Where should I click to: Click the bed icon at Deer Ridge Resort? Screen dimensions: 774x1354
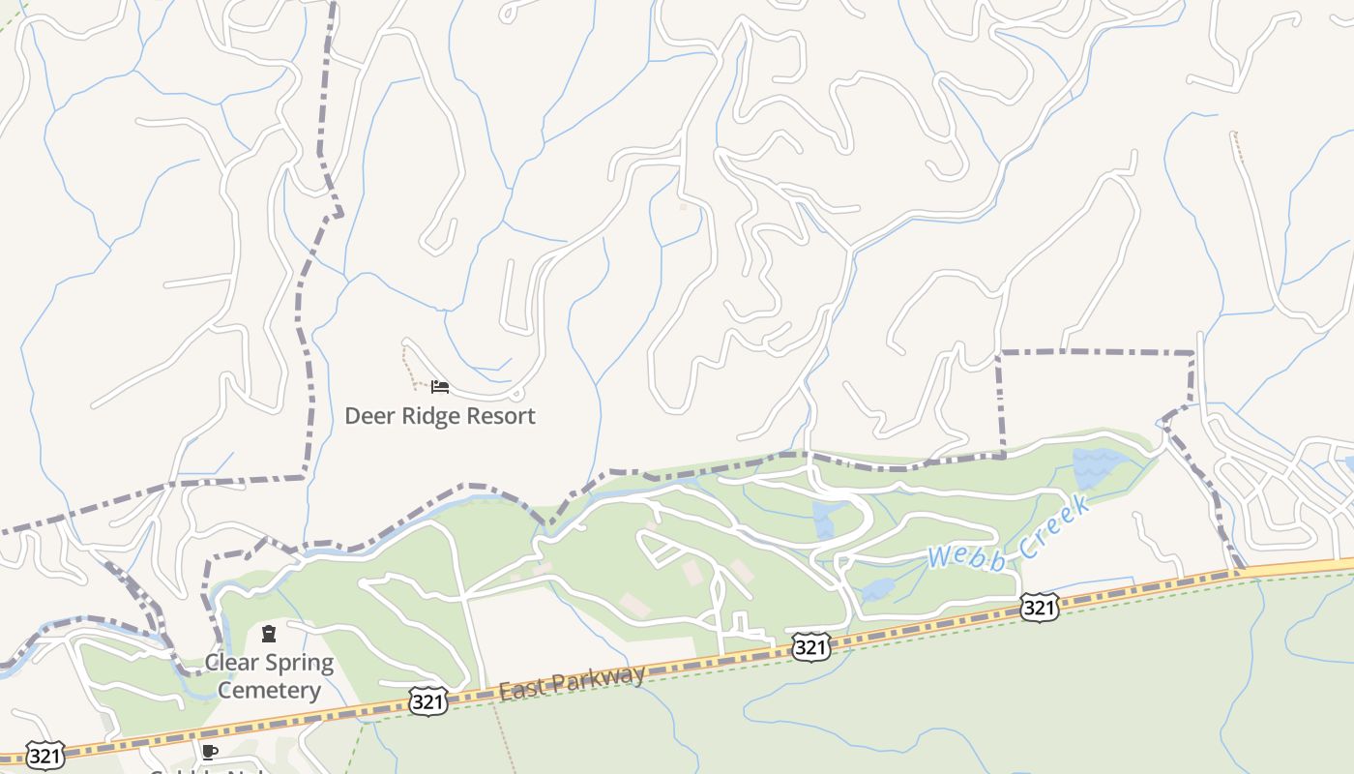pos(440,387)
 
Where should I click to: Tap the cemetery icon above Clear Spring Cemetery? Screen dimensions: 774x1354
pos(269,634)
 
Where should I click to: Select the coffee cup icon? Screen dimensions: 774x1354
pos(209,752)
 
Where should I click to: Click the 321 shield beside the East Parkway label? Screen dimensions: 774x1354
pos(427,701)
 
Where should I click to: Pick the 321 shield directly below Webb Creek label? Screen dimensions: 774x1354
pos(1039,608)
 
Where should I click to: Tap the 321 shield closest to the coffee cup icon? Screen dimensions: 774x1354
pos(44,755)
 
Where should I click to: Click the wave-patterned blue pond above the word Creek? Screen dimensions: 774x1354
pos(1093,468)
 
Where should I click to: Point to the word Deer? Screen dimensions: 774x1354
pos(368,416)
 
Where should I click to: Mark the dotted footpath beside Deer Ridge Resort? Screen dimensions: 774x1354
pos(409,368)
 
